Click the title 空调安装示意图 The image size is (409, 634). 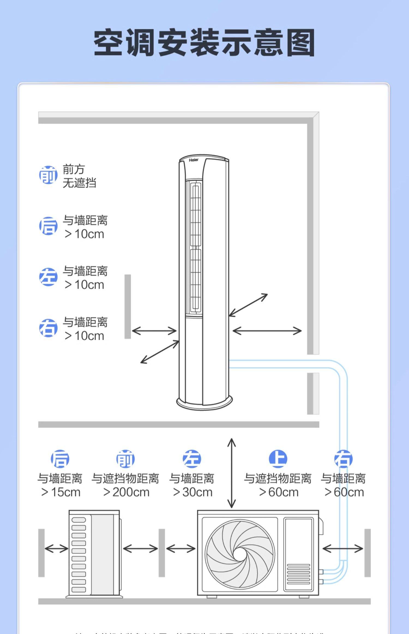pyautogui.click(x=204, y=43)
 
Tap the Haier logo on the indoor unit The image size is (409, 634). pyautogui.click(x=194, y=160)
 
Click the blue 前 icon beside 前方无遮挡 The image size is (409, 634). pyautogui.click(x=48, y=175)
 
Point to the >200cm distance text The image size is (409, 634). pyautogui.click(x=126, y=492)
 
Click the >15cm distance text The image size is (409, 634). pyautogui.click(x=61, y=492)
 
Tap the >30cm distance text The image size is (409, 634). pyautogui.click(x=193, y=492)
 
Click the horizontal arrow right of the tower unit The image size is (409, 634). pyautogui.click(x=267, y=331)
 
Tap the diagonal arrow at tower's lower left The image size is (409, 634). pyautogui.click(x=160, y=352)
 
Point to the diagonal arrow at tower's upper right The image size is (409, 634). pyautogui.click(x=248, y=305)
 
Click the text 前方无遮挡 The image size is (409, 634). pyautogui.click(x=79, y=176)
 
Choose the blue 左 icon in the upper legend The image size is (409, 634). pyautogui.click(x=48, y=277)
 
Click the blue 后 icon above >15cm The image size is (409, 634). pyautogui.click(x=60, y=459)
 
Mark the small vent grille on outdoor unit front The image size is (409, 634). pyautogui.click(x=298, y=574)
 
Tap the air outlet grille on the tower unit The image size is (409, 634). pyautogui.click(x=196, y=247)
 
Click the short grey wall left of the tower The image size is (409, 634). pyautogui.click(x=128, y=306)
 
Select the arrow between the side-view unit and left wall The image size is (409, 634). pyautogui.click(x=56, y=549)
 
